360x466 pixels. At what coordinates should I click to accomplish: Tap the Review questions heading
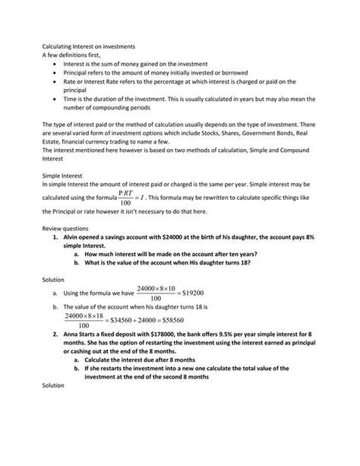65,228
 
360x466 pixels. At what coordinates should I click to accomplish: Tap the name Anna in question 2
71,334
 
